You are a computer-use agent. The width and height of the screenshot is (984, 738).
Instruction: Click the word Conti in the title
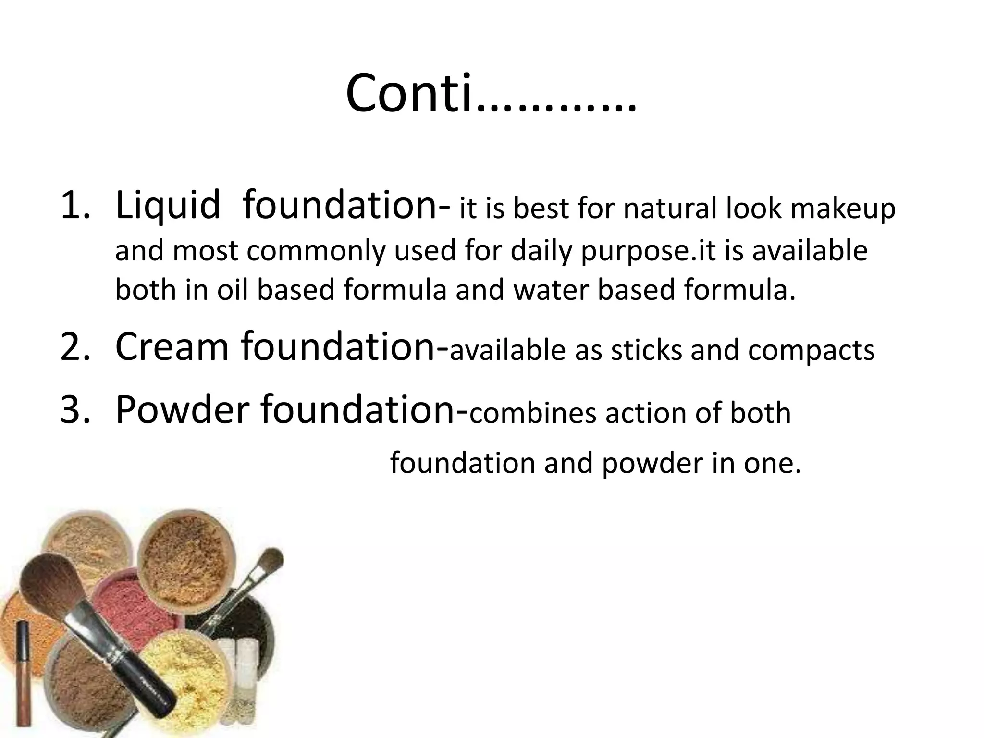point(408,94)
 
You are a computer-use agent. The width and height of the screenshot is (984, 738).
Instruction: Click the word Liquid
point(168,206)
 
